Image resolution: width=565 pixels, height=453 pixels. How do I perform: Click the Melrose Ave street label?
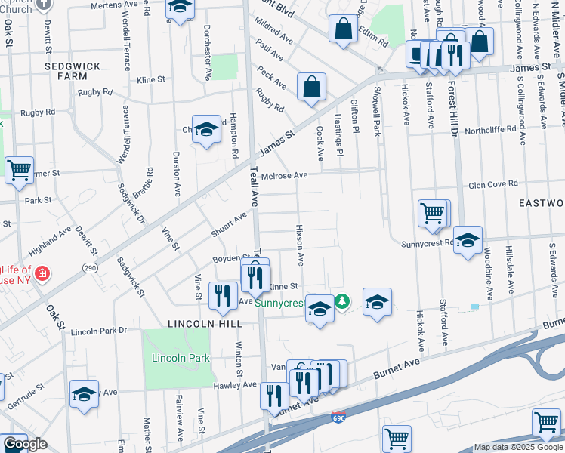pyautogui.click(x=284, y=176)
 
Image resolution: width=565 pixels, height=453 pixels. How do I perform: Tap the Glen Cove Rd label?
pyautogui.click(x=493, y=183)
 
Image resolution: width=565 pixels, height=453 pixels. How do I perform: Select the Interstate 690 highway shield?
pyautogui.click(x=339, y=418)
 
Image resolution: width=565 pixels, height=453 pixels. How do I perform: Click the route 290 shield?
pyautogui.click(x=91, y=269)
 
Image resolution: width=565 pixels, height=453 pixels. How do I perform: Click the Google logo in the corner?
pyautogui.click(x=24, y=444)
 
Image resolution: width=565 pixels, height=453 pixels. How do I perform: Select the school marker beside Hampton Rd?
pyautogui.click(x=206, y=131)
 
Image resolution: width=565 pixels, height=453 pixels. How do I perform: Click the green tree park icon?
pyautogui.click(x=342, y=301)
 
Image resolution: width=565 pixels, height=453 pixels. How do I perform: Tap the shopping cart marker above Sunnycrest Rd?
pyautogui.click(x=433, y=214)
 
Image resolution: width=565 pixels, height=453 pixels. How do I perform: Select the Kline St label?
pyautogui.click(x=151, y=79)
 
